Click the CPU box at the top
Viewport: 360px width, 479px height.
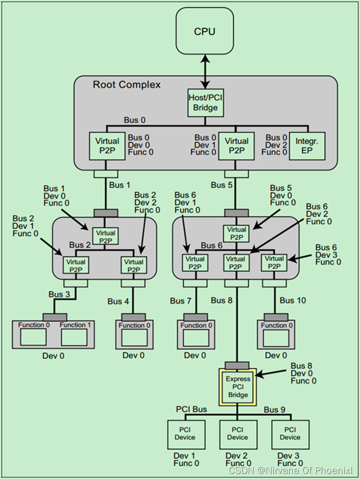(205, 32)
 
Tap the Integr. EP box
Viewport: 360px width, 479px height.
(307, 145)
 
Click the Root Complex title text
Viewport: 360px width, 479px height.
(127, 85)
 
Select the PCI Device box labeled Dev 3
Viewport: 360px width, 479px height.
(290, 434)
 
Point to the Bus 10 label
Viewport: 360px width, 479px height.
(293, 300)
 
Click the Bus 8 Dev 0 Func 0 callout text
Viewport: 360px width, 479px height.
(303, 373)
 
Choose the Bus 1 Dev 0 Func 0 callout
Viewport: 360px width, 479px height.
(58, 196)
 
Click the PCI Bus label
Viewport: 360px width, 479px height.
(191, 410)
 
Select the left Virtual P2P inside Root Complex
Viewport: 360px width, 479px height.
(107, 145)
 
